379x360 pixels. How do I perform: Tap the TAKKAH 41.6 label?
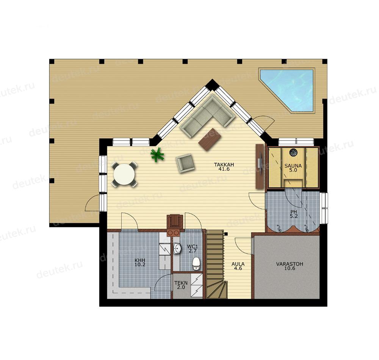[x=224, y=167]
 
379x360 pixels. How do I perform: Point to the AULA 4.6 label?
[x=238, y=266]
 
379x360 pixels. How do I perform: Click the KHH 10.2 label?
[x=140, y=262]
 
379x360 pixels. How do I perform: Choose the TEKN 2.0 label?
[x=181, y=285]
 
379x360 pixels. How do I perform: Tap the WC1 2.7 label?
[x=193, y=249]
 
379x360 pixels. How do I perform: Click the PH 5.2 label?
[x=294, y=214]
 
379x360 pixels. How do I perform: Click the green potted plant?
[x=157, y=155]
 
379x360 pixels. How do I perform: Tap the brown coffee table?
[x=210, y=139]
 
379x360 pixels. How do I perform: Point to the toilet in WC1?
[x=196, y=263]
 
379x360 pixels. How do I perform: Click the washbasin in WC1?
[x=177, y=248]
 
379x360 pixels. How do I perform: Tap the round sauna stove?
[x=293, y=152]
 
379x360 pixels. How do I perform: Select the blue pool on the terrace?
[x=288, y=90]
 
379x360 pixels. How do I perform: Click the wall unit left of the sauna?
[x=259, y=166]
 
